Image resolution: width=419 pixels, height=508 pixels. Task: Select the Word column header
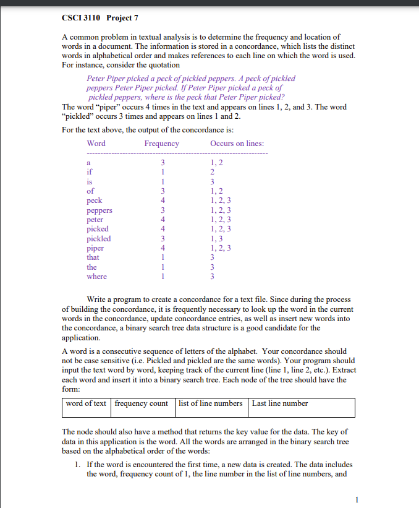[x=96, y=144]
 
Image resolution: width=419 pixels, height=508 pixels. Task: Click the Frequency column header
[x=162, y=144]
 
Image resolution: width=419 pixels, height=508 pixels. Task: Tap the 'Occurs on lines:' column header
[x=237, y=144]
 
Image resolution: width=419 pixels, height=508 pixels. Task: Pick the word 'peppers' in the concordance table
[x=99, y=210]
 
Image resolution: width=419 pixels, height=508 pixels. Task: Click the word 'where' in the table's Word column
[x=96, y=277]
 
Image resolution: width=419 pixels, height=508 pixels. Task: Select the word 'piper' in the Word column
[x=95, y=248]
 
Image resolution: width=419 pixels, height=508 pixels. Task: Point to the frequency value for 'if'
[x=162, y=172]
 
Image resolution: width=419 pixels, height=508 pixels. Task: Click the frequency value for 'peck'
[x=162, y=200]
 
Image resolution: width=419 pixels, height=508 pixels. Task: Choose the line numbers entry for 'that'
[x=212, y=257]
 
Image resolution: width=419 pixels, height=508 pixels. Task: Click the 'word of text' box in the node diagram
[x=87, y=403]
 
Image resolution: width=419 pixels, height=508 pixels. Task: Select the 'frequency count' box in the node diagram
[x=142, y=403]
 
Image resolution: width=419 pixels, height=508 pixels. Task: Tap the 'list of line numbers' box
[x=210, y=403]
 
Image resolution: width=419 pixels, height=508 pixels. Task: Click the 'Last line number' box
[x=280, y=403]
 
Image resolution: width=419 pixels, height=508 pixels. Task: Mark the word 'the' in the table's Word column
[x=91, y=267]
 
